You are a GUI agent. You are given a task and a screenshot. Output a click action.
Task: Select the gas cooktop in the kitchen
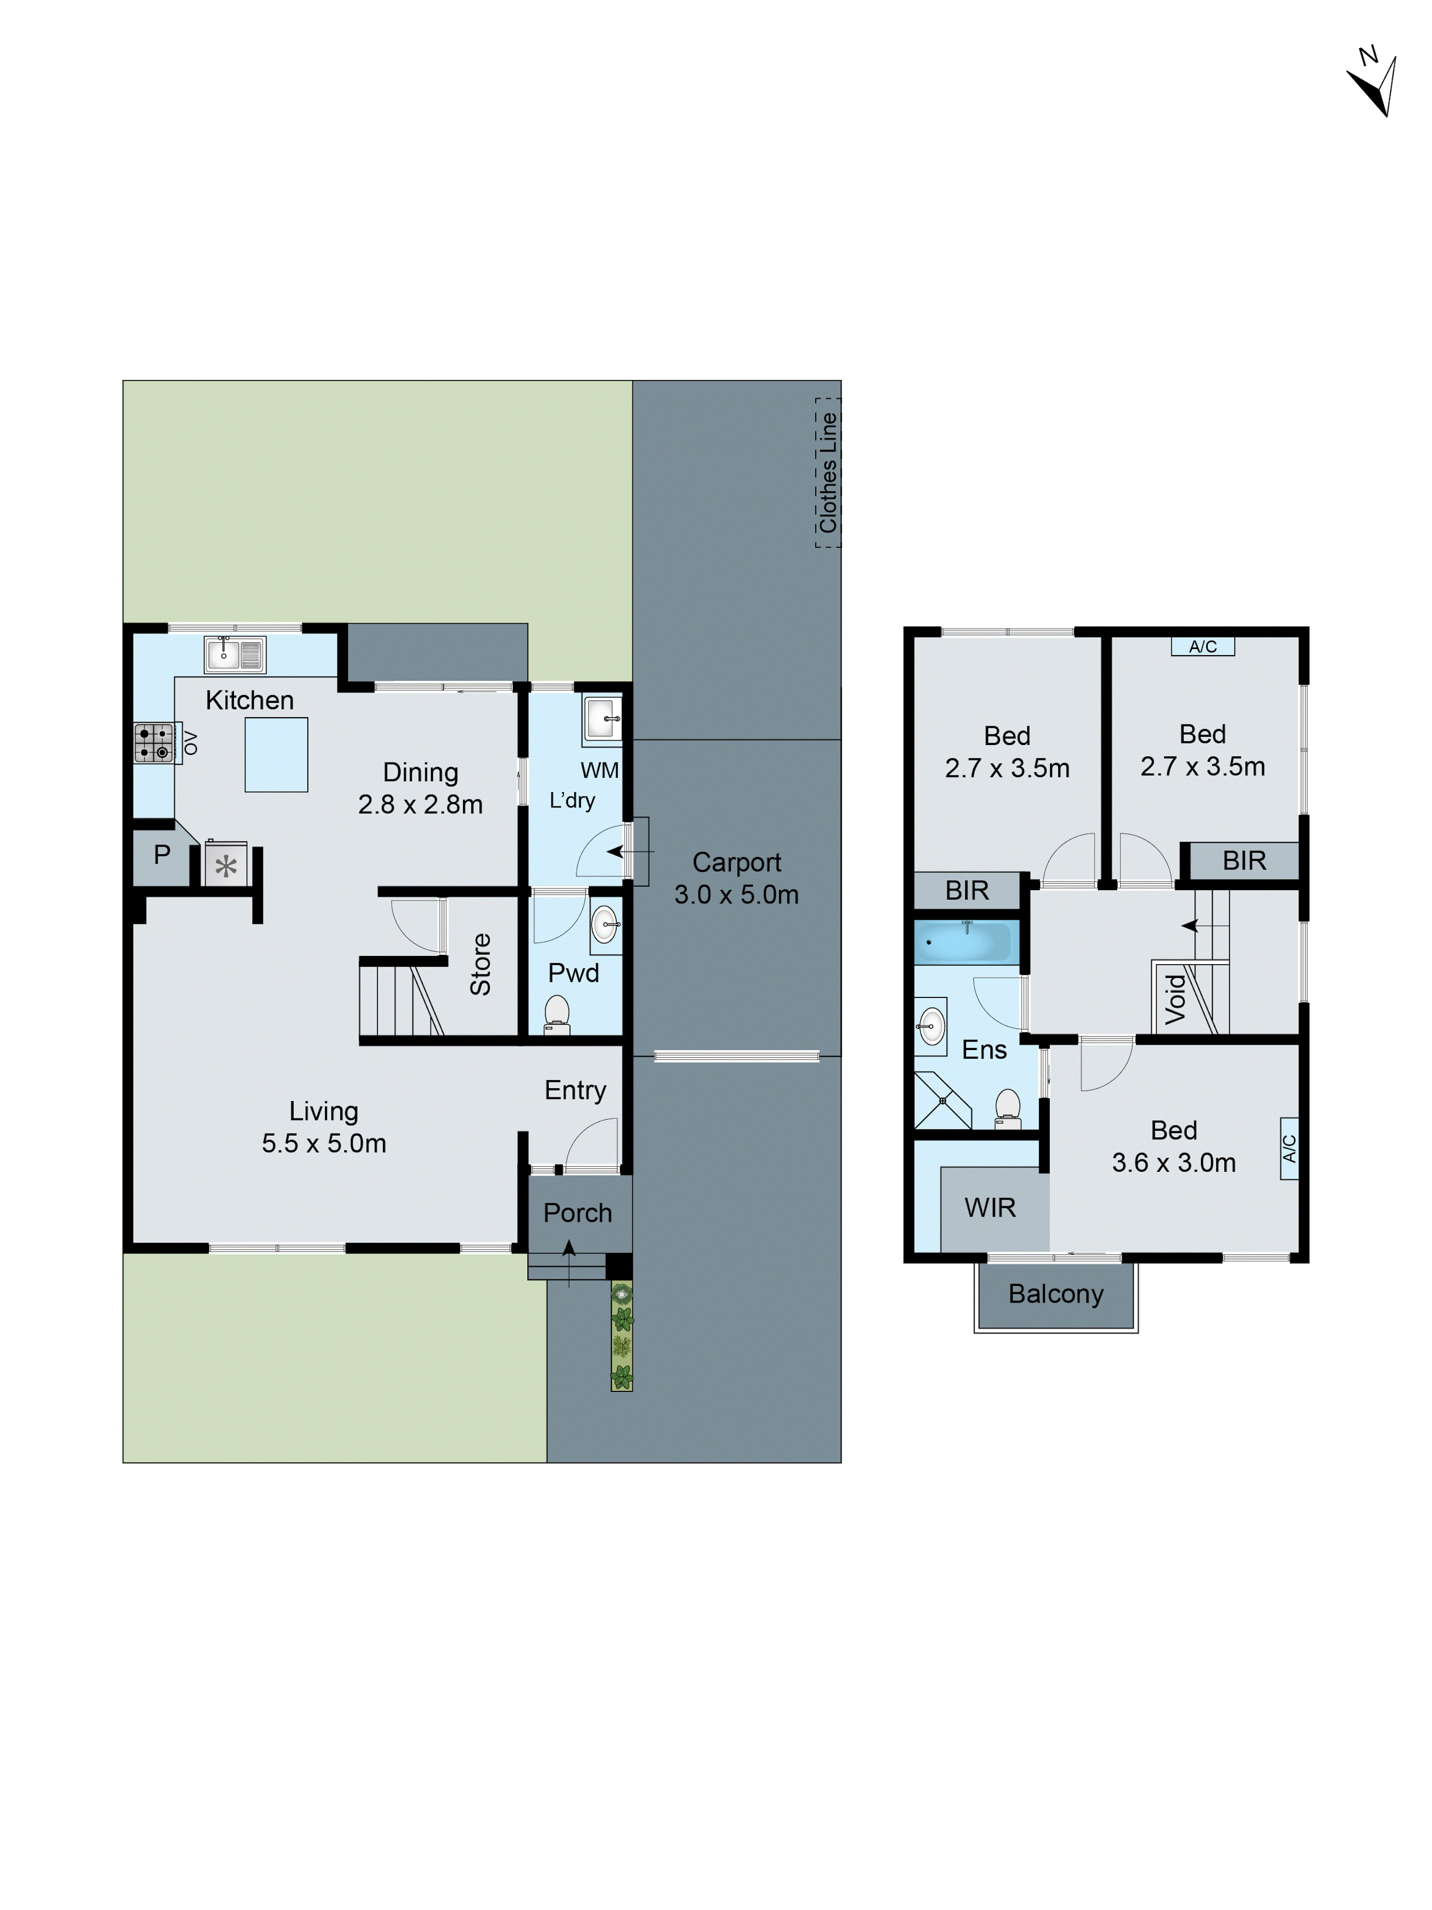click(154, 743)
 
